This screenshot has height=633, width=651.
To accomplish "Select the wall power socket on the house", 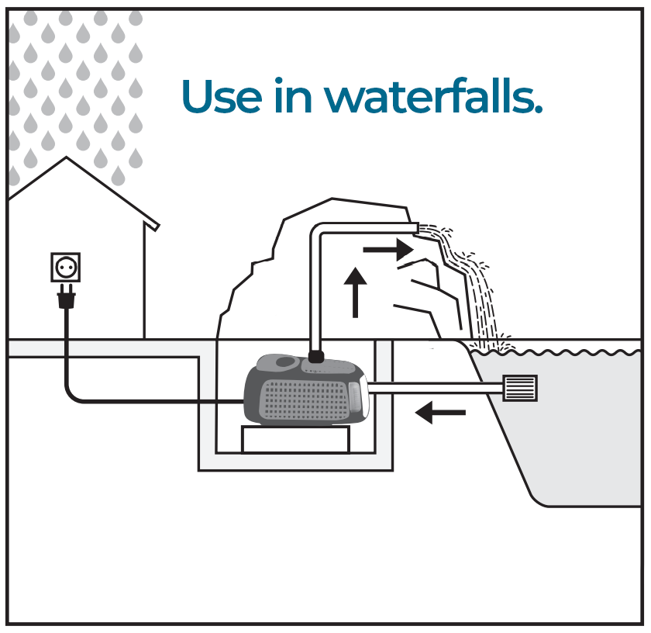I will click(x=66, y=268).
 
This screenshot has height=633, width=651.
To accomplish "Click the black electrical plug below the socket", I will click(x=66, y=296).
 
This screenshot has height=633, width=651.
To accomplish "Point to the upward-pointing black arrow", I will click(x=355, y=292).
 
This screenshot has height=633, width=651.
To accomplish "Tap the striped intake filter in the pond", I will click(x=519, y=388).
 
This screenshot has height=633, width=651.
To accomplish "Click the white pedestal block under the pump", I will click(x=295, y=438).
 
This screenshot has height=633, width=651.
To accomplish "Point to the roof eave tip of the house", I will click(x=158, y=227).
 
